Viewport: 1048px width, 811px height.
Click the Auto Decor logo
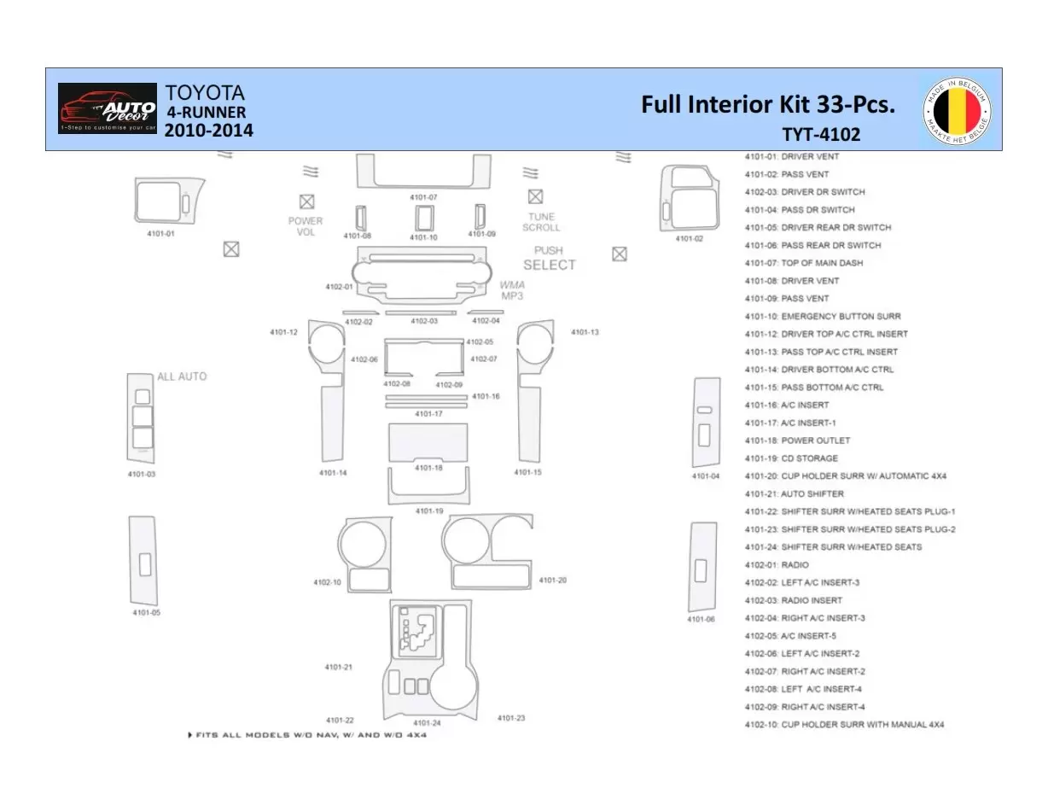click(x=108, y=108)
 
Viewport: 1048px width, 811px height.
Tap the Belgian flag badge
click(x=957, y=110)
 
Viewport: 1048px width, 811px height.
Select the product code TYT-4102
click(x=820, y=134)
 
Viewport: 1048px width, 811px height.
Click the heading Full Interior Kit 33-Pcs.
click(x=768, y=105)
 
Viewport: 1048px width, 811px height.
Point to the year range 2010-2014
click(x=208, y=131)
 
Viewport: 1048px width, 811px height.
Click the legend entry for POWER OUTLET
click(x=797, y=441)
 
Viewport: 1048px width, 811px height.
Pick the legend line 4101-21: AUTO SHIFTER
click(x=794, y=494)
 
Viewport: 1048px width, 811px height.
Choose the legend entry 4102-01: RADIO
click(x=777, y=565)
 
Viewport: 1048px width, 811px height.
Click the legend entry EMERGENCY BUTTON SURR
click(x=822, y=317)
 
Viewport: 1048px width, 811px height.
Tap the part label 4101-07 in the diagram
click(x=423, y=197)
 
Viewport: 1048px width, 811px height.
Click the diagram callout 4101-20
click(x=552, y=581)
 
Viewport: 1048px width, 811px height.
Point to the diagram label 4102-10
click(x=327, y=582)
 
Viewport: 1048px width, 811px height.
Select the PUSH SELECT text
click(x=549, y=259)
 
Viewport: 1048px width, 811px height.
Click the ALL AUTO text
click(x=182, y=376)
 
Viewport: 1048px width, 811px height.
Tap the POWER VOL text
click(x=306, y=226)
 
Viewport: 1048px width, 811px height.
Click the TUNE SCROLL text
click(x=541, y=222)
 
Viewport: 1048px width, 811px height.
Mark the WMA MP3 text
click(x=512, y=290)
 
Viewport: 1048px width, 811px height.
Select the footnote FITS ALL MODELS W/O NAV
click(x=307, y=735)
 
